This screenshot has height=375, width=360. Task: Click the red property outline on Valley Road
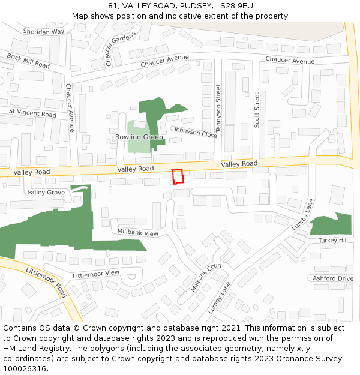pos(178,176)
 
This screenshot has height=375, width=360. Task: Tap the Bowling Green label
pos(139,137)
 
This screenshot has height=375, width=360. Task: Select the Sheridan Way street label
pos(43,31)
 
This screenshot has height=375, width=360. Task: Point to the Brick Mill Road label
pos(28,60)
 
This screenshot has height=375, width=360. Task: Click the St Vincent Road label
pos(32,113)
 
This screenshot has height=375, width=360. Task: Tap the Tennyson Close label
pos(195,133)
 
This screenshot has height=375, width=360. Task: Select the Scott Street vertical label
pos(257,109)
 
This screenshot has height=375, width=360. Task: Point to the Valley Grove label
pos(46,193)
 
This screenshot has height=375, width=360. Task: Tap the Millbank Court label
pos(207,277)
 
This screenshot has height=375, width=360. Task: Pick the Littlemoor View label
pos(96,274)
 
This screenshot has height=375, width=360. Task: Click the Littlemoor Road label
pos(46,282)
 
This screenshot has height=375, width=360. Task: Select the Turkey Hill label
pos(333,240)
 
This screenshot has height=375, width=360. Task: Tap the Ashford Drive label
pos(333,278)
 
